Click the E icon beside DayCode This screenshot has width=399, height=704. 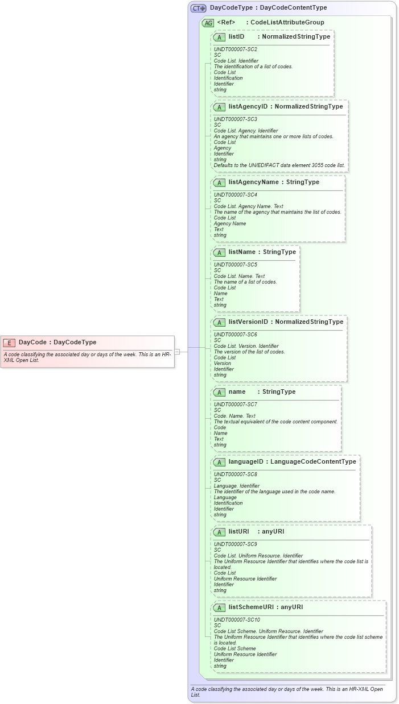(x=9, y=343)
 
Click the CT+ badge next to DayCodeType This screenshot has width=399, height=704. (x=198, y=8)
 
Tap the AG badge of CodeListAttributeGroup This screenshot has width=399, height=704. (x=208, y=23)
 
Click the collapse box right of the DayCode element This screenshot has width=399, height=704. (x=177, y=352)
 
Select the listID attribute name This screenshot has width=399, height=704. (x=236, y=36)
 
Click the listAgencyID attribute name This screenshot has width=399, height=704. (x=248, y=106)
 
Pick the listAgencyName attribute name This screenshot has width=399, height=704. (x=253, y=182)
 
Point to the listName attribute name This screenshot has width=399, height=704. (x=241, y=252)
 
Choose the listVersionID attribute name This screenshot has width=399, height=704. (x=248, y=322)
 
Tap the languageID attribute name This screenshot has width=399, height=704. (x=246, y=461)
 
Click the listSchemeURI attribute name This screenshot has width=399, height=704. (x=251, y=607)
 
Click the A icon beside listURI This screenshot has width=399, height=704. (x=219, y=532)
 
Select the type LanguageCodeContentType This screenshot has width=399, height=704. (x=313, y=461)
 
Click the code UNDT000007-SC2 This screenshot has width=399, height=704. (x=235, y=49)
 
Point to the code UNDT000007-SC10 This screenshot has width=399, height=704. (x=237, y=620)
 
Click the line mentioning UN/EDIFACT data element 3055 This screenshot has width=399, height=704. (x=279, y=165)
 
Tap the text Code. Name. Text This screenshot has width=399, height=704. (x=235, y=416)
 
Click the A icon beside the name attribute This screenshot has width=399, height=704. (x=219, y=392)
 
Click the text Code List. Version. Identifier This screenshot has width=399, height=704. (x=246, y=346)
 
